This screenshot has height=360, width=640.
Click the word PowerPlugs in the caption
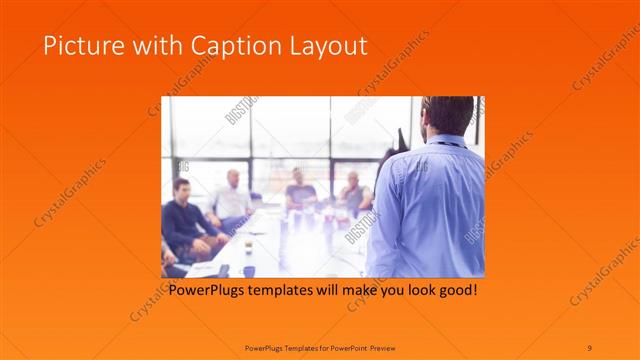click(208, 291)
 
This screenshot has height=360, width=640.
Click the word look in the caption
click(414, 291)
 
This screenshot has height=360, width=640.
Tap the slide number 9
click(590, 347)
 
